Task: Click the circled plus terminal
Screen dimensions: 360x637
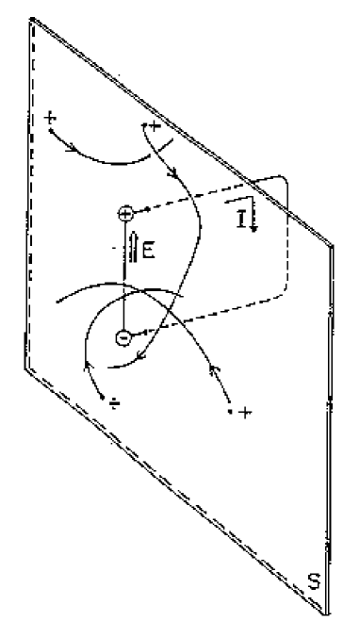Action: [126, 214]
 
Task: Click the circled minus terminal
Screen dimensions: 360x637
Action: [123, 337]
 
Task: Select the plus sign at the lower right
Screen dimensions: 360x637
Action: [245, 413]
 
